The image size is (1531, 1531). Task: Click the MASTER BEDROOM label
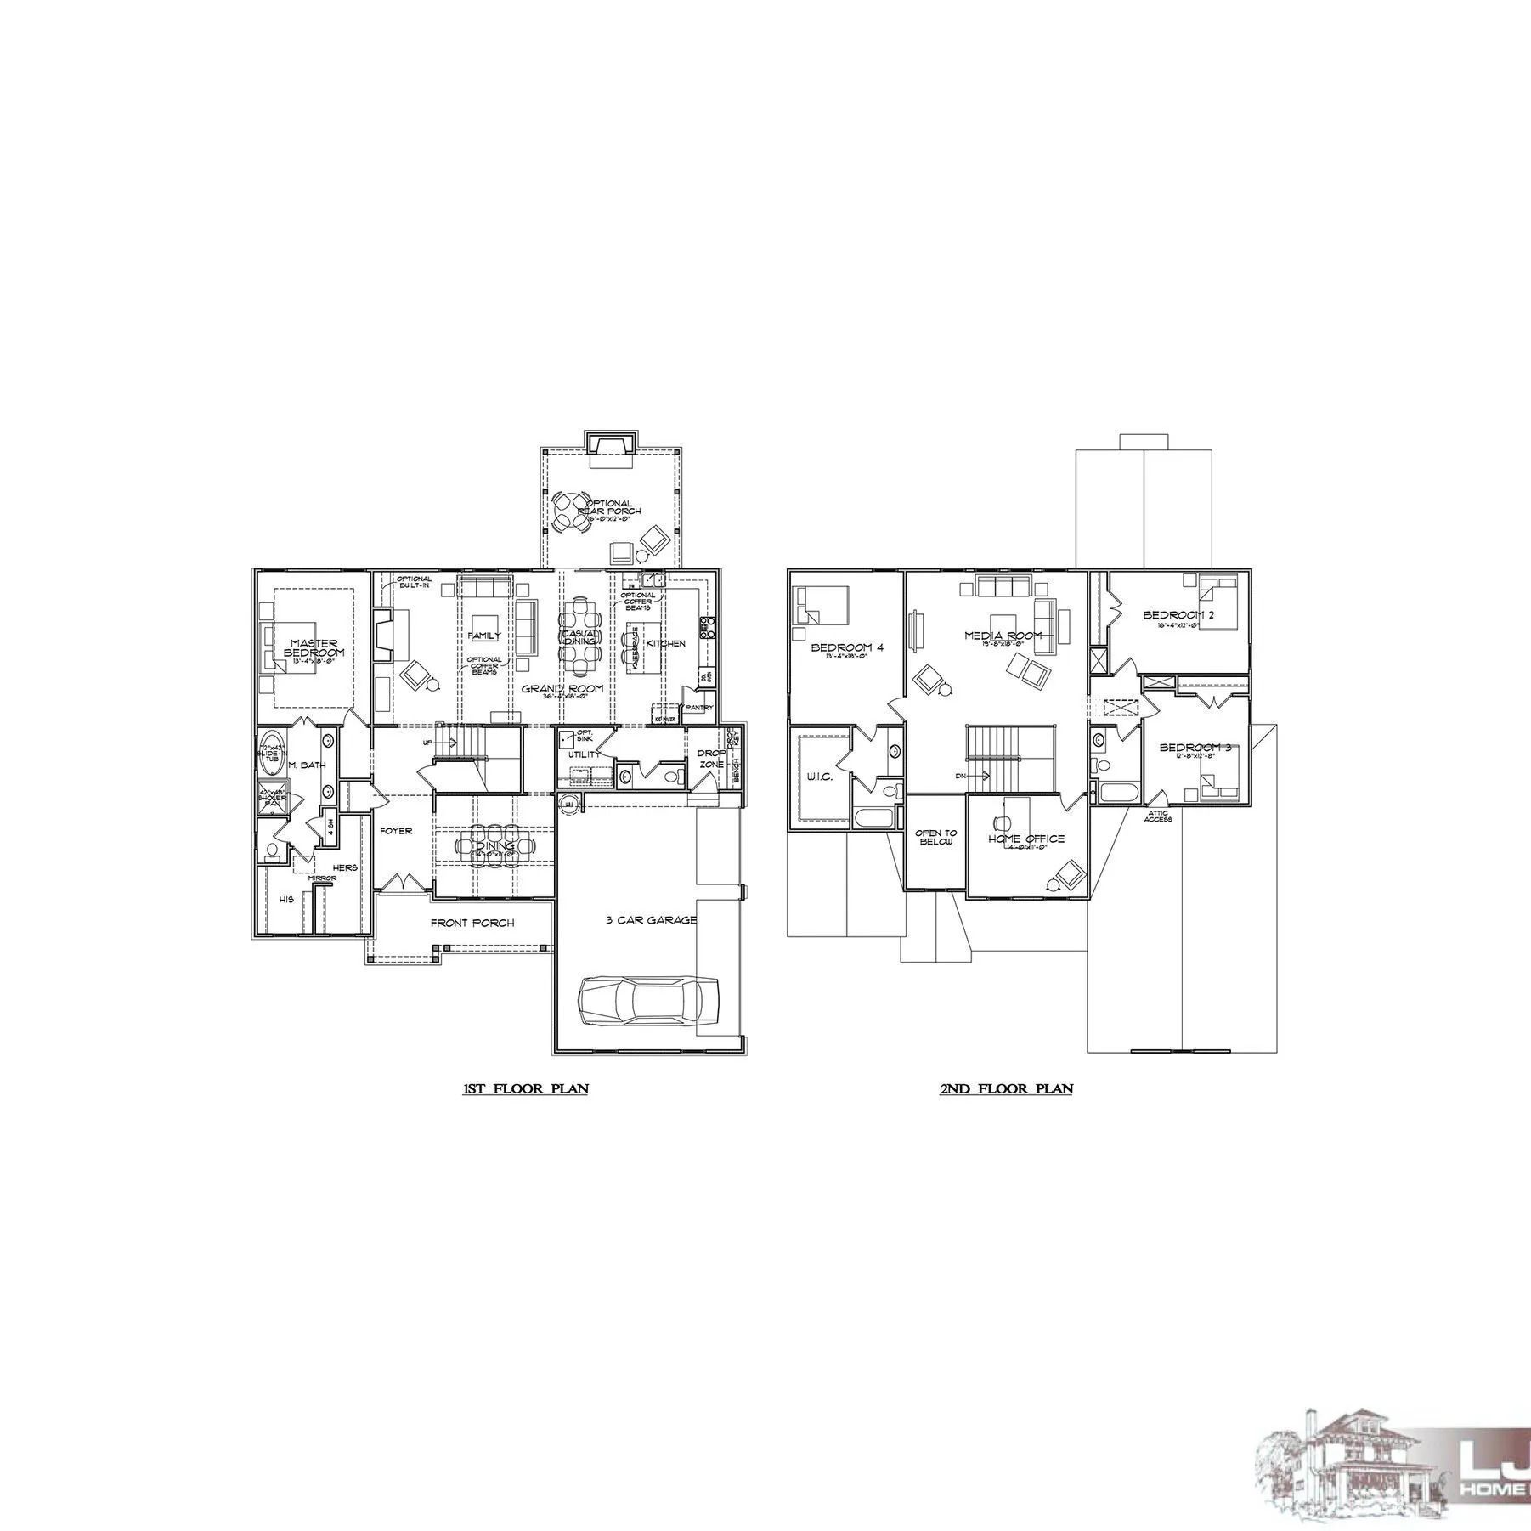tap(314, 648)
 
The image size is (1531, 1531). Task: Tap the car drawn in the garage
tap(648, 1003)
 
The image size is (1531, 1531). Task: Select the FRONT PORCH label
tap(472, 923)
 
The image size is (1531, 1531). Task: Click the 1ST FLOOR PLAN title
tap(525, 1088)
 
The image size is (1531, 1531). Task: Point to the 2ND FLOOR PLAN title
tap(1006, 1088)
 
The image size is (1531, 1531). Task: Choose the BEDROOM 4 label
tap(847, 647)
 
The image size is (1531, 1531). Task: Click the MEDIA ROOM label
tap(1003, 636)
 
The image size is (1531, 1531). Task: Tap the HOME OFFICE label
tap(1026, 839)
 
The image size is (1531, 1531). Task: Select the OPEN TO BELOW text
tap(935, 837)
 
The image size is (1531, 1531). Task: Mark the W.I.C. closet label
tap(819, 777)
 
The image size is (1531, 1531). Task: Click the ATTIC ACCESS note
tap(1157, 816)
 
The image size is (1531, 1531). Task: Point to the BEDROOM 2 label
tap(1178, 615)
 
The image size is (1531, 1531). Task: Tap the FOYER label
tap(396, 831)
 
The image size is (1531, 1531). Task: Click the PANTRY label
tap(700, 707)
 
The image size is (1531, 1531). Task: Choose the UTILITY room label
tap(585, 754)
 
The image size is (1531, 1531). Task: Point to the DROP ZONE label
tap(710, 758)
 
